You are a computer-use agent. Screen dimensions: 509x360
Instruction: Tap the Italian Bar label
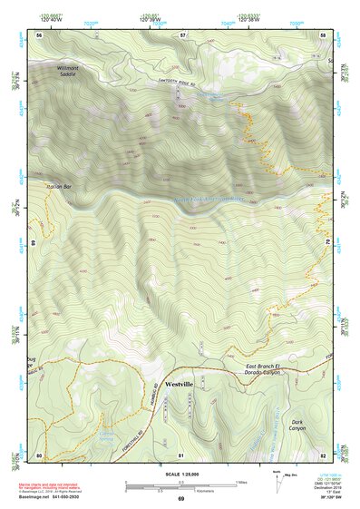pyautogui.click(x=33, y=187)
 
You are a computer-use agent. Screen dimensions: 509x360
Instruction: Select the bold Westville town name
pyautogui.click(x=179, y=384)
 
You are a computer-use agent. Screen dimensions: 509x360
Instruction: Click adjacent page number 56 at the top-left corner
pyautogui.click(x=39, y=34)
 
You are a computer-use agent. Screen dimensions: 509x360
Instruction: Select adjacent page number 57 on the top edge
pyautogui.click(x=181, y=34)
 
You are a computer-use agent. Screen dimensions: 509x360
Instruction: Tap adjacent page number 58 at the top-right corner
pyautogui.click(x=324, y=34)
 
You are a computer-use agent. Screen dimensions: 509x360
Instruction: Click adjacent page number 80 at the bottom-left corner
pyautogui.click(x=39, y=454)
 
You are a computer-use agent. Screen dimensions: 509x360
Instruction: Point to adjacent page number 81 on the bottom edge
pyautogui.click(x=181, y=454)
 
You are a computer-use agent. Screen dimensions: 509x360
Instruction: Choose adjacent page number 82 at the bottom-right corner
pyautogui.click(x=324, y=454)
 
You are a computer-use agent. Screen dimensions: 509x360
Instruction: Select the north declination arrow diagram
pyautogui.click(x=278, y=484)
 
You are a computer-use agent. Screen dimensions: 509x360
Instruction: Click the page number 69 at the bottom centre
pyautogui.click(x=180, y=500)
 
